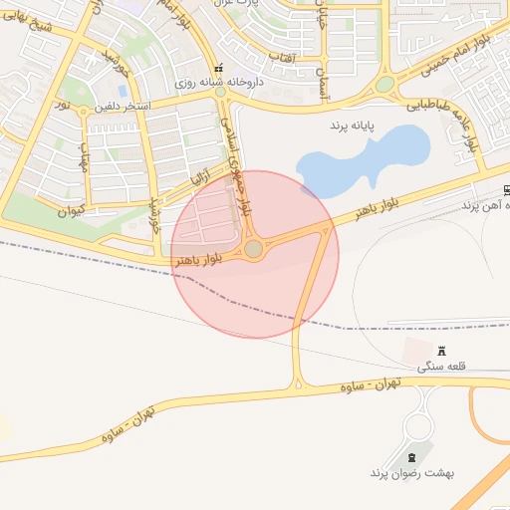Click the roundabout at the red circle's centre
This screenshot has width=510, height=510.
[x=255, y=248]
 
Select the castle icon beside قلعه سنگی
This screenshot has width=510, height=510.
[x=442, y=350]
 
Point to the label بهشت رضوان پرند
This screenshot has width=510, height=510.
[x=411, y=472]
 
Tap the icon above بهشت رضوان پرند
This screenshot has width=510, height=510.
[x=409, y=456]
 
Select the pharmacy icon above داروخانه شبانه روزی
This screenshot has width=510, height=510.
[x=219, y=68]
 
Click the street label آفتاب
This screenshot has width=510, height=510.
[x=289, y=60]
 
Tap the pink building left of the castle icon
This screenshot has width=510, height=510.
[x=417, y=351]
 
